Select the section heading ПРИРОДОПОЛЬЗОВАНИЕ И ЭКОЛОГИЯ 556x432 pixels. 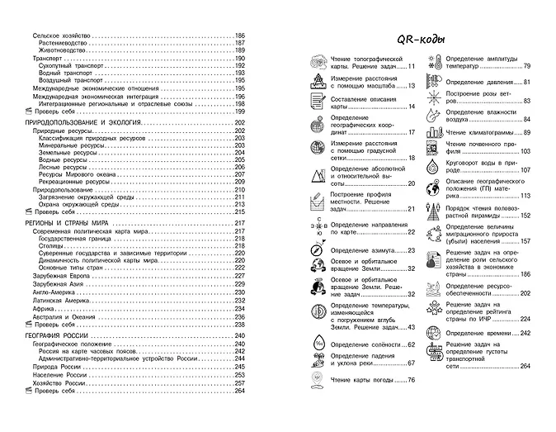(x=86, y=122)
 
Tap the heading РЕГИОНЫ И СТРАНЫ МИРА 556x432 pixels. (x=69, y=224)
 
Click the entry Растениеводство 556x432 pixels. (x=68, y=43)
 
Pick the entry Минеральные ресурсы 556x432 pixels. (x=71, y=145)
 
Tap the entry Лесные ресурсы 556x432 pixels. (x=64, y=167)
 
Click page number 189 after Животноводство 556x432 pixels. (x=240, y=50)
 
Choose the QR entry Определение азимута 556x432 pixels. (x=362, y=249)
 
